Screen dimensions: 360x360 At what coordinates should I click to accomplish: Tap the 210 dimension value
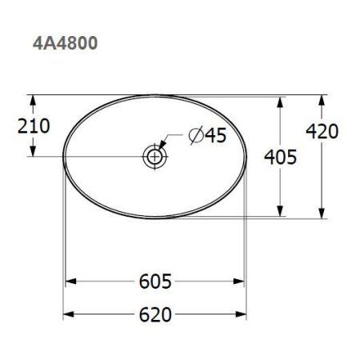click(32, 126)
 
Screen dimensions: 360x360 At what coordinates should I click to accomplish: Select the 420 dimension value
click(322, 130)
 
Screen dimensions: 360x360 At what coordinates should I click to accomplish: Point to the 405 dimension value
click(280, 157)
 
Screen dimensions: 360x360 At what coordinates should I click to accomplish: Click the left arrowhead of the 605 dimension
click(69, 282)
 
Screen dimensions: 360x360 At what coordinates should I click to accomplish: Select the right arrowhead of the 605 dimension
click(242, 282)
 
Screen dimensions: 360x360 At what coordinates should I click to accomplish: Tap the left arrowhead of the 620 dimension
click(68, 314)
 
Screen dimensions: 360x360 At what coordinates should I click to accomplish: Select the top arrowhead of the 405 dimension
click(281, 102)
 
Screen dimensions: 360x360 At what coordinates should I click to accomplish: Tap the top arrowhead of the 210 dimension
click(33, 101)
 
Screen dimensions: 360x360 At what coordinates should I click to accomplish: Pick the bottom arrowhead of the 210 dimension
click(33, 151)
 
